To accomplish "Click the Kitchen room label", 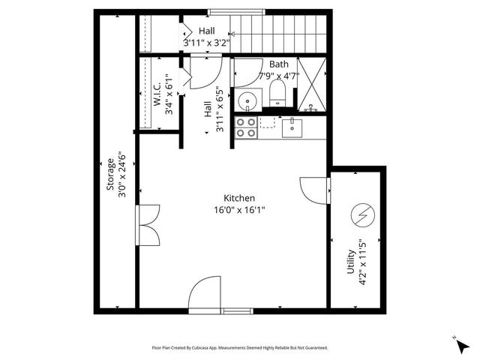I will pyautogui.click(x=239, y=198).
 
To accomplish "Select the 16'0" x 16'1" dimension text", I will pyautogui.click(x=239, y=211).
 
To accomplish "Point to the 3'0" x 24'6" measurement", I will pyautogui.click(x=120, y=175).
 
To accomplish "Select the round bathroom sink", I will pyautogui.click(x=246, y=100).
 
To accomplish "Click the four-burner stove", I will pyautogui.click(x=246, y=127).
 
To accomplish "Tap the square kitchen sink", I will pyautogui.click(x=292, y=128).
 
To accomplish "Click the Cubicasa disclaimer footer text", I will pyautogui.click(x=239, y=348).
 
